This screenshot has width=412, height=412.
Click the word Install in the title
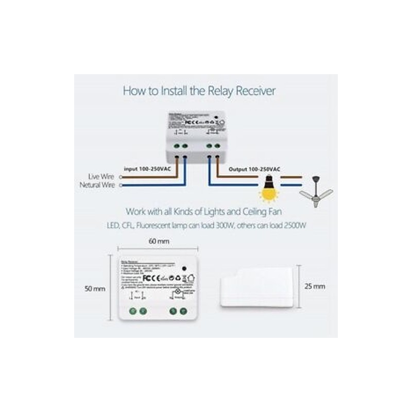[176, 91]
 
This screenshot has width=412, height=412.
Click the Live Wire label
[101, 177]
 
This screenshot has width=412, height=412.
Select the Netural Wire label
[97, 185]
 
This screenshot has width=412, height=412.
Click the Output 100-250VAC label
[254, 169]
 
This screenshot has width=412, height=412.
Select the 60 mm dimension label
[159, 241]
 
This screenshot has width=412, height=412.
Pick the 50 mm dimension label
[95, 289]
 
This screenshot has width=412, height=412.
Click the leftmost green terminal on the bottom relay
[133, 311]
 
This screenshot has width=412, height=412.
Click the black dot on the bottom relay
[184, 268]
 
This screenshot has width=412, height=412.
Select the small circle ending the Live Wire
[121, 177]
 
